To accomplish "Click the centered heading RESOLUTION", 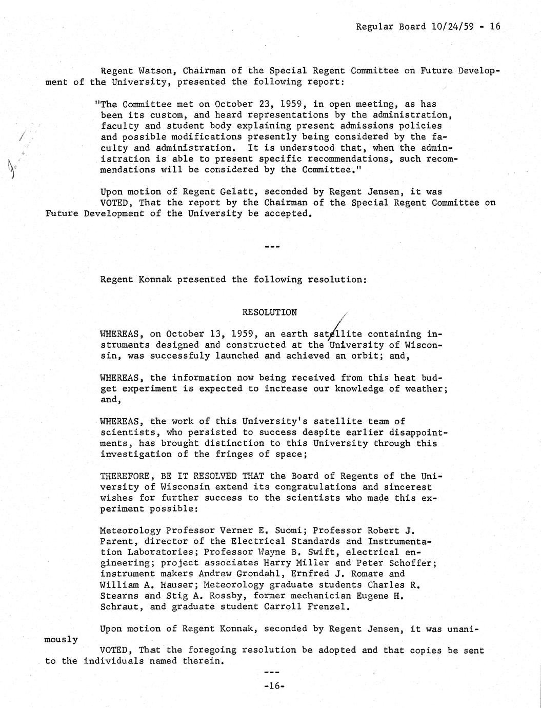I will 269,312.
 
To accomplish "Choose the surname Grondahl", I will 248,574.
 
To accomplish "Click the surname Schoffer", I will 415,563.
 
